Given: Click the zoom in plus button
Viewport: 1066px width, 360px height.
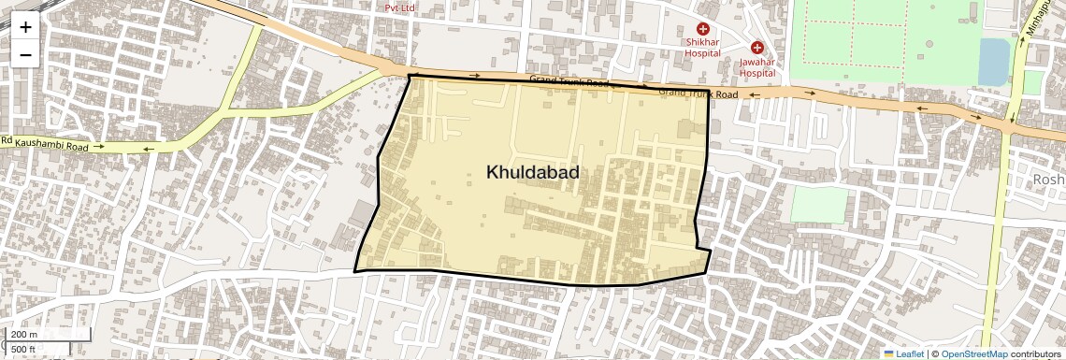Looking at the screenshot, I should (x=25, y=27).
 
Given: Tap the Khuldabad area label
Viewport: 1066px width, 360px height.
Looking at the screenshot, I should (x=532, y=172).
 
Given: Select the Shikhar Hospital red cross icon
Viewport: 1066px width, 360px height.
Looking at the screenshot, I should (x=702, y=30).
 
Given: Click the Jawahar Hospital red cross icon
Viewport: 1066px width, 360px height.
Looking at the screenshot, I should (x=757, y=48).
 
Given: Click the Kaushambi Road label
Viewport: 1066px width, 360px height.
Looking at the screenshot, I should (x=56, y=146).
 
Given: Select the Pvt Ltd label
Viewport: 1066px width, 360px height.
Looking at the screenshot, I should (x=400, y=7).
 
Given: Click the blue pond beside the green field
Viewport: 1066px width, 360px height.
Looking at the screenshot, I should (x=993, y=62).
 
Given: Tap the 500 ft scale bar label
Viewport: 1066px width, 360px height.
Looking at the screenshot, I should (x=24, y=350).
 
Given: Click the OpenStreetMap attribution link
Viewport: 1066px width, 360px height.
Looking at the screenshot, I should (x=973, y=353).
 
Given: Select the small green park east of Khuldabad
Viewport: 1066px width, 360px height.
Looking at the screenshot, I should (x=817, y=204).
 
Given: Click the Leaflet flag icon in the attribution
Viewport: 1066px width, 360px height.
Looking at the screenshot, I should (x=889, y=353).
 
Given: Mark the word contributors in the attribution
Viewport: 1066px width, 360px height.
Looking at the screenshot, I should (x=1036, y=353).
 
